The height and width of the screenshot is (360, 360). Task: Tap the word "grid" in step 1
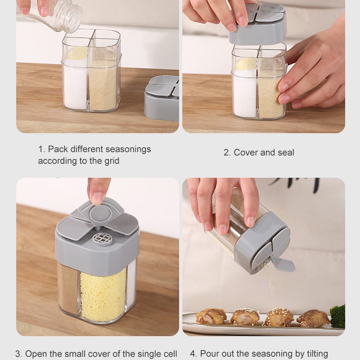pyautogui.click(x=112, y=161)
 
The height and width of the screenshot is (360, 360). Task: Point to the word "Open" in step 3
pyautogui.click(x=35, y=354)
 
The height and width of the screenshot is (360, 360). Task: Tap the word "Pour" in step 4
pyautogui.click(x=209, y=354)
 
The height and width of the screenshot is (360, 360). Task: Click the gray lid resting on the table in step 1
pyautogui.click(x=162, y=98)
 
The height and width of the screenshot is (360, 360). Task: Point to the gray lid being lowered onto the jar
pyautogui.click(x=258, y=25)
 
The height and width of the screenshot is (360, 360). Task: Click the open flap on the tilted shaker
pyautogui.click(x=282, y=264)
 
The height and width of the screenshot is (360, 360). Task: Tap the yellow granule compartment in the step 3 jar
pyautogui.click(x=103, y=295)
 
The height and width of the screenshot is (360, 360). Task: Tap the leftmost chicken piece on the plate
pyautogui.click(x=211, y=316)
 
